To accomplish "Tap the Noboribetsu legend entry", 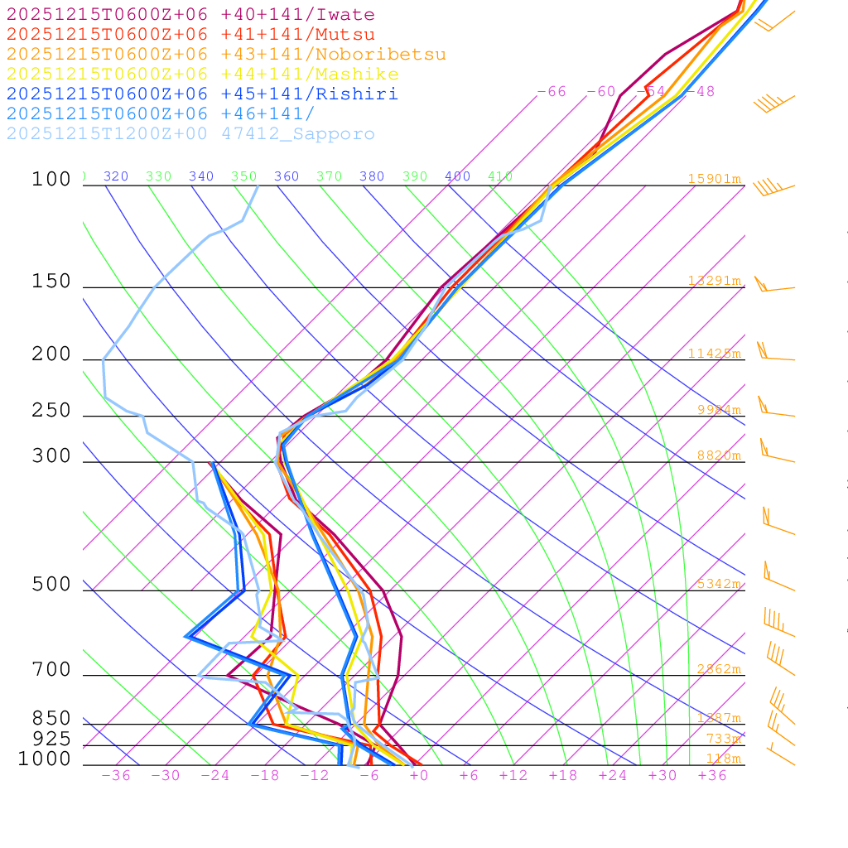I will click(x=226, y=55).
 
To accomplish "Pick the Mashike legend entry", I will click(x=202, y=75).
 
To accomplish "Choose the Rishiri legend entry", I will click(x=202, y=94).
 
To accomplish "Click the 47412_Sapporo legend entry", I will click(x=190, y=134).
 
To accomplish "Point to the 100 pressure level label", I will click(x=51, y=179).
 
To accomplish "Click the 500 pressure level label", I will click(x=51, y=585).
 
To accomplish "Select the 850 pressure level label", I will click(x=51, y=718).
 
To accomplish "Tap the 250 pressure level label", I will click(x=51, y=411).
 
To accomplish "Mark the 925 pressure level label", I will click(x=51, y=739).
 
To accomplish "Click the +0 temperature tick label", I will click(x=418, y=776).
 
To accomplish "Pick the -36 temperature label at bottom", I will click(x=115, y=776).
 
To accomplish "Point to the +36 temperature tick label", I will click(x=711, y=776).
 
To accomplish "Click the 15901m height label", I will click(x=714, y=179).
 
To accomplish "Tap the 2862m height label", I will click(x=718, y=669).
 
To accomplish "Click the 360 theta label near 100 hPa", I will click(x=286, y=176).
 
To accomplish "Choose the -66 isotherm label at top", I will click(x=552, y=92).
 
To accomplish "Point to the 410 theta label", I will click(x=500, y=176).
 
